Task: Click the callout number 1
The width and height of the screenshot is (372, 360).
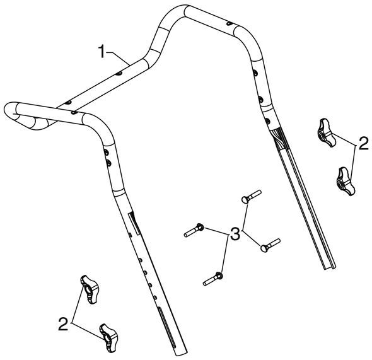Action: click(102, 52)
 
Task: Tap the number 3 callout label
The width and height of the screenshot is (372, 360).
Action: click(235, 234)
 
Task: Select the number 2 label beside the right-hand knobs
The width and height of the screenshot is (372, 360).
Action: click(363, 144)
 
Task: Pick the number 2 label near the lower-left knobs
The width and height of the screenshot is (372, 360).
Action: click(63, 323)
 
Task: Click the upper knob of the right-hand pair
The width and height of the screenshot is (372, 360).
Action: click(326, 133)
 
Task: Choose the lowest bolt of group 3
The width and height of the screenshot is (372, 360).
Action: click(213, 279)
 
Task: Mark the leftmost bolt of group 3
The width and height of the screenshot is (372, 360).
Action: click(194, 230)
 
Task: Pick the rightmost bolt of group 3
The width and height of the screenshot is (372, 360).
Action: click(270, 245)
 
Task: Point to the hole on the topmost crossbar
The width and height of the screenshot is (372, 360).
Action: click(230, 23)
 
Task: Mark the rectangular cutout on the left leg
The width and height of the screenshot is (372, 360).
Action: click(134, 223)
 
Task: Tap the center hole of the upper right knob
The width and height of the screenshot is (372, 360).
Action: click(322, 136)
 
